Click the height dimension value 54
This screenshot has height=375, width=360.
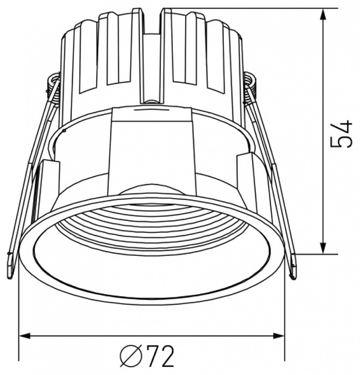pos(342,134)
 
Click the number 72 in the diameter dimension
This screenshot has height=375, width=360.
pos(159,357)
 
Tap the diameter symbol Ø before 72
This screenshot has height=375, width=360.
pos(130,357)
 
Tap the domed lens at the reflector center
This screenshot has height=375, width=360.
pos(151,190)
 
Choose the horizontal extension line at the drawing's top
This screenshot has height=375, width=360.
pos(245,8)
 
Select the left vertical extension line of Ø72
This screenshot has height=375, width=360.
pos(19,312)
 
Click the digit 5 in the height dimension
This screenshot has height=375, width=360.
pos(342,142)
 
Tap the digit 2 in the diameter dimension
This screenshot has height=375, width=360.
pos(166,357)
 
